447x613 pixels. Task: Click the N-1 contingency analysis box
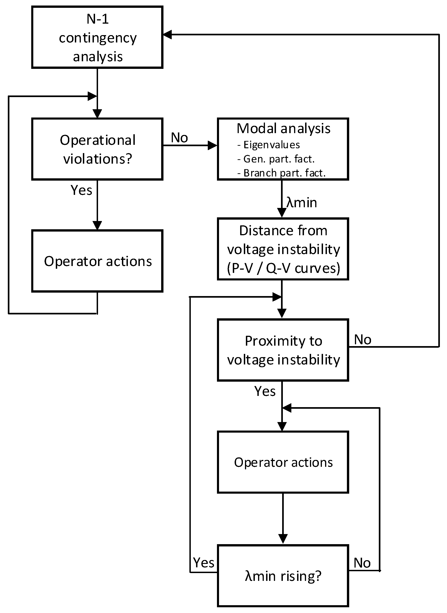pos(97,37)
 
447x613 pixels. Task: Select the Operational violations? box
pos(97,149)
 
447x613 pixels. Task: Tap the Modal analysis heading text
pos(283,129)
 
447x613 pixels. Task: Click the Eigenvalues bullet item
pos(271,145)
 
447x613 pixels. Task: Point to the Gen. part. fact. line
pos(279,159)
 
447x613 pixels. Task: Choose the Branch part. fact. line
pos(284,173)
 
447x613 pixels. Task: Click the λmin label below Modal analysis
pos(301,203)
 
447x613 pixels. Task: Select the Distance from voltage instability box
pos(283,249)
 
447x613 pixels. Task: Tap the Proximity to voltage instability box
pos(283,350)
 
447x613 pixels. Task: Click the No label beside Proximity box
pos(363,339)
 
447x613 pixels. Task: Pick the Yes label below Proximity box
pos(265,391)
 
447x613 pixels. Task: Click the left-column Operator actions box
pos(97,261)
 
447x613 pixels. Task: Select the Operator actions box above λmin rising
pos(283,462)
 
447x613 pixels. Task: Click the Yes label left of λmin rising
pos(203,563)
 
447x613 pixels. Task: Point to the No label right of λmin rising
pos(362,563)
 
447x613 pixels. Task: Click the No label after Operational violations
pos(179,138)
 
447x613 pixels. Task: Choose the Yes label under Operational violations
pos(82,190)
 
